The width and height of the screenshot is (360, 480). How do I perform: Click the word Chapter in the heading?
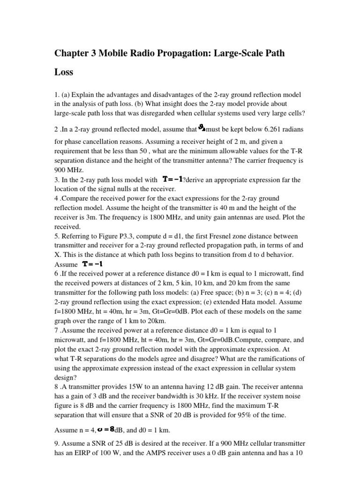72,53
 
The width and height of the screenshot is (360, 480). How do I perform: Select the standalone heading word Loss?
64,73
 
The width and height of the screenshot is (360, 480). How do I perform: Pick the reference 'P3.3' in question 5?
138,236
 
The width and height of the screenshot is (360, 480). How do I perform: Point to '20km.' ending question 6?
155,321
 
